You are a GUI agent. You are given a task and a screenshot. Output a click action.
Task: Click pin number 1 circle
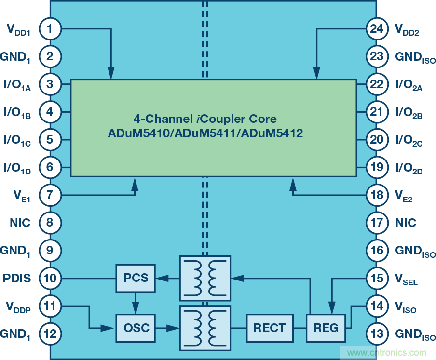pyautogui.click(x=50, y=29)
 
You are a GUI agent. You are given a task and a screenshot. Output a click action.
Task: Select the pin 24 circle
pyautogui.click(x=376, y=29)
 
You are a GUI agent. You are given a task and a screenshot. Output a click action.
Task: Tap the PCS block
pyautogui.click(x=136, y=278)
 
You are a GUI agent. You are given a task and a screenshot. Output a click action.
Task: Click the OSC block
pyautogui.click(x=136, y=328)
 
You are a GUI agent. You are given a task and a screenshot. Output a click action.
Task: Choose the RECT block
pyautogui.click(x=269, y=328)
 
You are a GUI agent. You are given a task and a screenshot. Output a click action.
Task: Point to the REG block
pyautogui.click(x=326, y=328)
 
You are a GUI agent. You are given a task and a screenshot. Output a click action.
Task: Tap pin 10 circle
pyautogui.click(x=50, y=278)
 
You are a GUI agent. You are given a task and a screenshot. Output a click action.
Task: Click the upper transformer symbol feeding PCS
pyautogui.click(x=204, y=278)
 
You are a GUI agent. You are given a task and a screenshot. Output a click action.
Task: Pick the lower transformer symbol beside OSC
pyautogui.click(x=204, y=328)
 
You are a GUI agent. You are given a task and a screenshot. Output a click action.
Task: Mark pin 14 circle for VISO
pyautogui.click(x=376, y=306)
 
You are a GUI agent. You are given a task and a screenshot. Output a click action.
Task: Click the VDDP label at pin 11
pyautogui.click(x=18, y=307)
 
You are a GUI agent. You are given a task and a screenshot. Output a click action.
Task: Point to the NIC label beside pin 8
pyautogui.click(x=20, y=223)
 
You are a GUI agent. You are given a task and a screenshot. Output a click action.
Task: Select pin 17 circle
pyautogui.click(x=376, y=223)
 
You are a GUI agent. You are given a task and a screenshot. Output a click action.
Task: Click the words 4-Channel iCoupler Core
pyautogui.click(x=205, y=119)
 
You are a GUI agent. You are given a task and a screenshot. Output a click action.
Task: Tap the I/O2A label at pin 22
pyautogui.click(x=409, y=85)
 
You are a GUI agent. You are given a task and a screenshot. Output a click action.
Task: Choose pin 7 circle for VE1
pyautogui.click(x=50, y=195)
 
